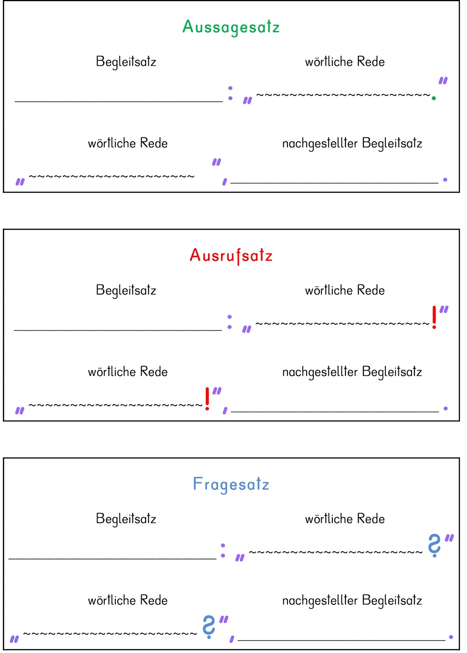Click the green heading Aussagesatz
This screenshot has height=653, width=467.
coord(231,27)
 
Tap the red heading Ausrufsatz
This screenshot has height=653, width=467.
coord(231,256)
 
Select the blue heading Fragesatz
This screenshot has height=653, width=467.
coord(231,484)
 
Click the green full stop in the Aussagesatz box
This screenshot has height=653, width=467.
coord(434,98)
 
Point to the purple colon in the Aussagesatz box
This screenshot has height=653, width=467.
coord(230,93)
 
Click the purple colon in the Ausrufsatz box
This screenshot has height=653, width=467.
coord(230,322)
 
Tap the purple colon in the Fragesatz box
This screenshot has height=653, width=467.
coord(223,551)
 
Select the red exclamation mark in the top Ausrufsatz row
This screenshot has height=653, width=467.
coord(434,317)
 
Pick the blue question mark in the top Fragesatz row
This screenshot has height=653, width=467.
coord(434,545)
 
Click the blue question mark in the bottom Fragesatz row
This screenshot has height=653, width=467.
coord(209,626)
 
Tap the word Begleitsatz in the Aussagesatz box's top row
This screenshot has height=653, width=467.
coord(126,62)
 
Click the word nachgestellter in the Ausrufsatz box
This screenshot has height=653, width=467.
coord(320,372)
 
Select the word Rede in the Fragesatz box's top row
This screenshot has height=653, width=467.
coord(371,519)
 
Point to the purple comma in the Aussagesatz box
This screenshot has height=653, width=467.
coord(225,182)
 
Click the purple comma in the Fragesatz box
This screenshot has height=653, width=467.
coord(232,639)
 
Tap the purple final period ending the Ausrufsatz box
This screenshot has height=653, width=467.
coord(445,408)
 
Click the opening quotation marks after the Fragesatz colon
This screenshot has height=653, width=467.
coord(240,557)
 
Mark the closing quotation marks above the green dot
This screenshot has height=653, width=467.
coord(443,80)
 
